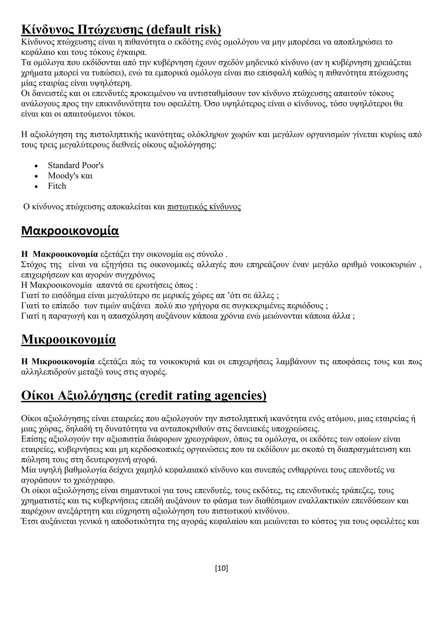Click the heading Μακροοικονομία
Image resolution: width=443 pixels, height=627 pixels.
(x=70, y=231)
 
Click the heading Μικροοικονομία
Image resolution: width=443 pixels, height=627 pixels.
(x=69, y=339)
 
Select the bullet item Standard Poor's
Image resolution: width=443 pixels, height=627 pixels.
(x=75, y=165)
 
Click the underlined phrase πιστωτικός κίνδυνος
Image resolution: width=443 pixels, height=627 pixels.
(x=204, y=207)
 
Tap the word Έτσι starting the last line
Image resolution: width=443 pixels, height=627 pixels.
(x=29, y=521)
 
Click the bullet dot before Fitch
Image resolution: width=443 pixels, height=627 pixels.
(x=36, y=186)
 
